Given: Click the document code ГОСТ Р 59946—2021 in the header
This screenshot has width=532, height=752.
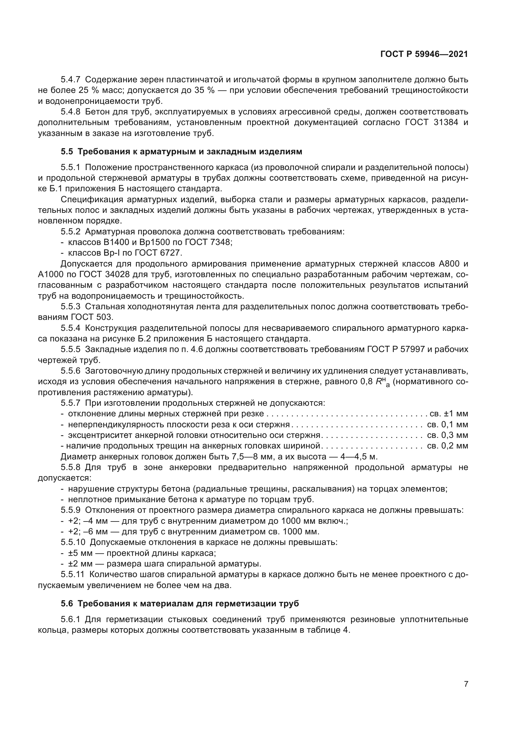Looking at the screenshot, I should click(x=424, y=54).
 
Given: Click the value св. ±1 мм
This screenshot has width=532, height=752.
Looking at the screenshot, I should click(x=448, y=414).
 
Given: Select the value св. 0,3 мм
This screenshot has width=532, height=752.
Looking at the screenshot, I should click(x=447, y=435).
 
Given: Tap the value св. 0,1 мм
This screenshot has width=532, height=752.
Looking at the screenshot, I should click(x=447, y=424).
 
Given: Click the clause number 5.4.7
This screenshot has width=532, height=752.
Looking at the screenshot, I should click(x=70, y=80).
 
